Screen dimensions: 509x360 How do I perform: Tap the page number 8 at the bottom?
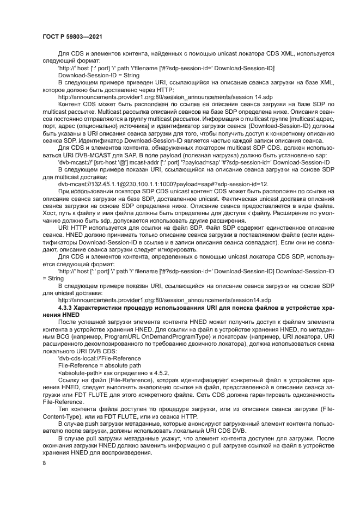[x=45, y=463]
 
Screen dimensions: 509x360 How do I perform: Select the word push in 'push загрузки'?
[x=90, y=421]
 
